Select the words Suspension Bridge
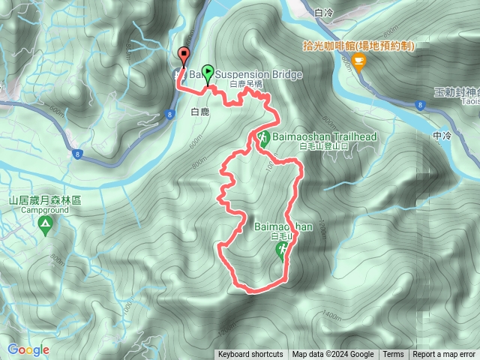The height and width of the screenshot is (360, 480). point(259,75)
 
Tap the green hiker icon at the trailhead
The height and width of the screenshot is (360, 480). point(264,138)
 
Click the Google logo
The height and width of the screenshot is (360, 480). point(28,349)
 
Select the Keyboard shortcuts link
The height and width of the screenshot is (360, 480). point(250,355)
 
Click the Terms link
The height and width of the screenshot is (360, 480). point(393,355)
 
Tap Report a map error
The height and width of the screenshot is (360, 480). point(445,355)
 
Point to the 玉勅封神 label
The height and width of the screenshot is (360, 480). point(456,92)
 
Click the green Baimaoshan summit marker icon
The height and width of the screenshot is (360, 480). point(282,253)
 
